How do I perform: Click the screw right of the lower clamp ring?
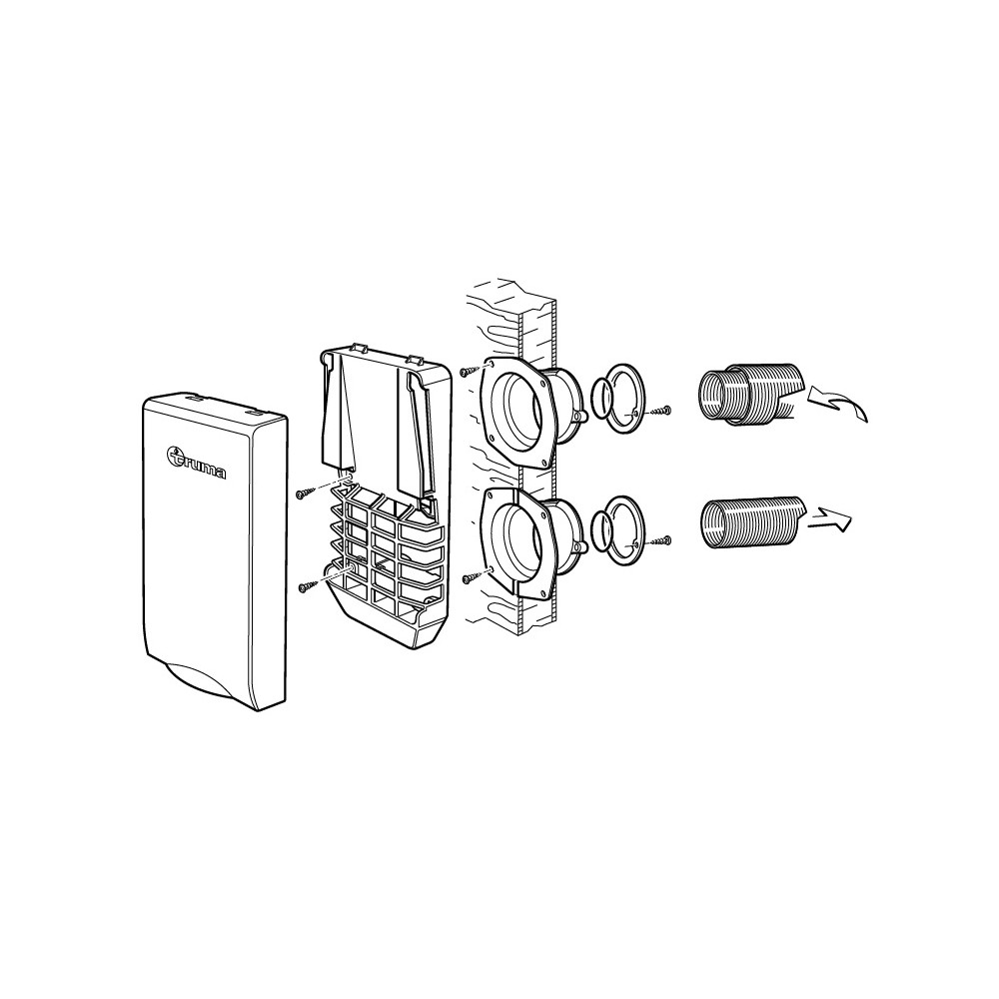click(x=659, y=540)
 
